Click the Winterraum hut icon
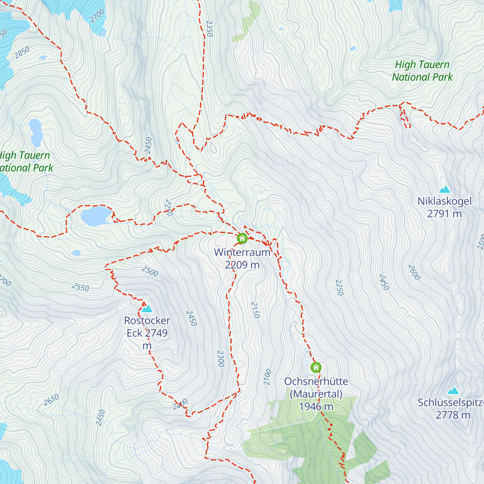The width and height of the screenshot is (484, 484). [242, 238]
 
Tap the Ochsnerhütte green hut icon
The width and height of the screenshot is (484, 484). [316, 367]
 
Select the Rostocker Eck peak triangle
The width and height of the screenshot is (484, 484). [147, 309]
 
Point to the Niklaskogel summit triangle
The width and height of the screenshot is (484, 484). [444, 189]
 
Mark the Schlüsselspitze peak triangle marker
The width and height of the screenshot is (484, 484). [453, 390]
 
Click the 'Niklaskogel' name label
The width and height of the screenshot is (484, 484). [444, 201]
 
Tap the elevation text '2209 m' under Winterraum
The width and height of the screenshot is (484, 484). [242, 265]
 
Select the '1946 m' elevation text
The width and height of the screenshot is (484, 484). [316, 407]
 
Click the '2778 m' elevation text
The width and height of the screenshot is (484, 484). [453, 415]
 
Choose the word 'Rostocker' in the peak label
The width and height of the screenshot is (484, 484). [147, 321]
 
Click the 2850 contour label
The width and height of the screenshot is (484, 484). [22, 53]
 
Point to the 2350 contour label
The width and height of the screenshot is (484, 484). [209, 29]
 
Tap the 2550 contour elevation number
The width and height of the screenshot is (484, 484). [80, 287]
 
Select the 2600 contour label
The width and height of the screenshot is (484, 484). [414, 272]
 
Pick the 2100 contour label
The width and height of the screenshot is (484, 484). [267, 377]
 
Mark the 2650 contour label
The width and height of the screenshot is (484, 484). [51, 400]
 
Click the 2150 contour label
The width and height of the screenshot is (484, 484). [255, 310]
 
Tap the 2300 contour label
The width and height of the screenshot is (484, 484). [220, 359]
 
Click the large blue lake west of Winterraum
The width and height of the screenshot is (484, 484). [96, 216]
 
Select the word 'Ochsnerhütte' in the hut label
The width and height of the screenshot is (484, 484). [316, 382]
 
